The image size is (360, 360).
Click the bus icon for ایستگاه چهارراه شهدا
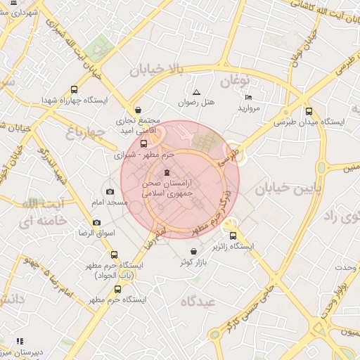pos(74,90)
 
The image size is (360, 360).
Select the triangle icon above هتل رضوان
pos(196,92)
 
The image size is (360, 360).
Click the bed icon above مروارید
pos(248,97)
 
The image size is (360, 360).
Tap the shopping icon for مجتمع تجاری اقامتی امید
pos(138,110)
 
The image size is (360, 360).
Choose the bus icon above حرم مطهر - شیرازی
pos(144,143)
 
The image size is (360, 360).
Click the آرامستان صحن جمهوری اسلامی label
pos(167,186)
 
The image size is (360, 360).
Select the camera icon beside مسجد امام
pos(110,191)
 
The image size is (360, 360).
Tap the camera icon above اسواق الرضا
pos(96,222)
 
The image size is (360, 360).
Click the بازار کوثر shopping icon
pos(193,252)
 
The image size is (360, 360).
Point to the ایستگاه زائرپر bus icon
pos(233,236)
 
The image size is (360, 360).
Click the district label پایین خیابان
pos(289,188)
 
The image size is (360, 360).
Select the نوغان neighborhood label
pos(236,82)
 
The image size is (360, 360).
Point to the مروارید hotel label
pos(249,108)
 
